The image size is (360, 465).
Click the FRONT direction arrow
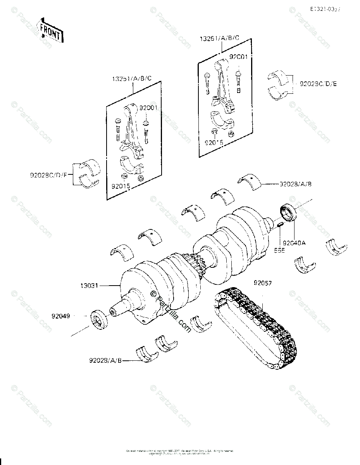(x=50, y=30)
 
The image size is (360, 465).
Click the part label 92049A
(x=294, y=243)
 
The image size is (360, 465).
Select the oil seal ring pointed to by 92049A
(x=288, y=214)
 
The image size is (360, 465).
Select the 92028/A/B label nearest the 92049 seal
(x=105, y=361)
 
